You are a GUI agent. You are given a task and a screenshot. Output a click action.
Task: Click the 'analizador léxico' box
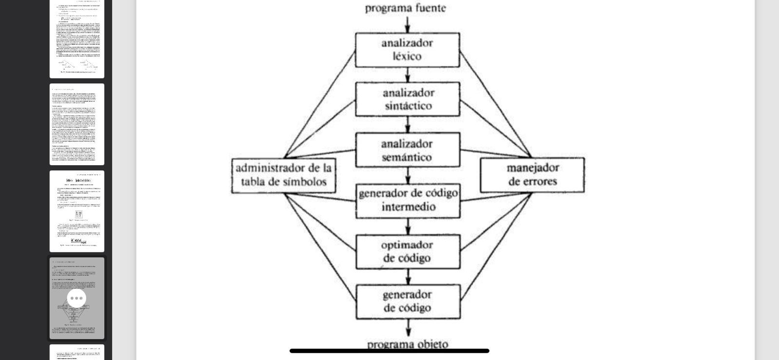[x=407, y=50]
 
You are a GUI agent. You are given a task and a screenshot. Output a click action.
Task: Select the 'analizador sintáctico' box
[x=408, y=99]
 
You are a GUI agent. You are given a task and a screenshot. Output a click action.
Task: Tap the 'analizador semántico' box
[x=408, y=150]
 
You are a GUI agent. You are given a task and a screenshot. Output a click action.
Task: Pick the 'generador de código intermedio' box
[x=408, y=200]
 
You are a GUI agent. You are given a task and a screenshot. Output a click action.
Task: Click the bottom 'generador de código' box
[x=408, y=302]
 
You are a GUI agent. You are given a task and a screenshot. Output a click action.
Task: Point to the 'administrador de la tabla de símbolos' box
[x=283, y=175]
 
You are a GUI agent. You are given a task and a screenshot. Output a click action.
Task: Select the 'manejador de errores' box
[x=532, y=175]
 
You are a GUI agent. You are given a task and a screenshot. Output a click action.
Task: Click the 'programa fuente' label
[x=405, y=8]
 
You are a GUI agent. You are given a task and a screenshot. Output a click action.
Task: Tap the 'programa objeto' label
[x=408, y=344]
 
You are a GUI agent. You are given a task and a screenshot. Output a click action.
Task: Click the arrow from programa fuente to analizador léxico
[x=408, y=24]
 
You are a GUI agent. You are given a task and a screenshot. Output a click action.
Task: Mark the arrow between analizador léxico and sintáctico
[x=408, y=75]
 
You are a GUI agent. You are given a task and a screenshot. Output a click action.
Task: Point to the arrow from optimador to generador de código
[x=408, y=277]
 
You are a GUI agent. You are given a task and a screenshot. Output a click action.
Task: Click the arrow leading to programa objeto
[x=408, y=327]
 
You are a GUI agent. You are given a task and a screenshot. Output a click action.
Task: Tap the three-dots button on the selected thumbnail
[x=76, y=298]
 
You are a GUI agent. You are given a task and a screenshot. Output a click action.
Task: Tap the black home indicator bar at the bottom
[x=389, y=351]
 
